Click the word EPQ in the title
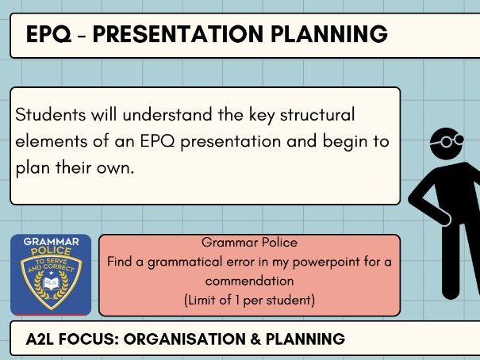pyautogui.click(x=46, y=35)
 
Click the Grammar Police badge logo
pyautogui.click(x=51, y=274)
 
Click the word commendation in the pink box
pyautogui.click(x=249, y=281)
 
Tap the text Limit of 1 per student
pyautogui.click(x=249, y=300)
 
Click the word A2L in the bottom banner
pyautogui.click(x=41, y=339)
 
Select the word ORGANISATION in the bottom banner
pyautogui.click(x=181, y=339)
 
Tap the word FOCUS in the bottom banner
pyautogui.click(x=88, y=339)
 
